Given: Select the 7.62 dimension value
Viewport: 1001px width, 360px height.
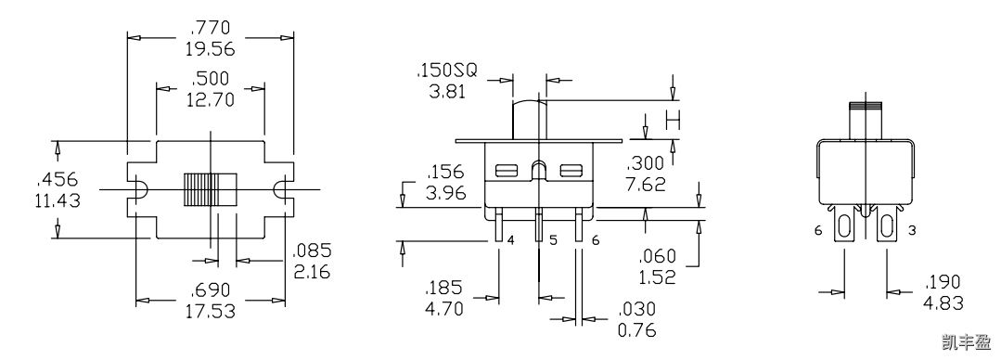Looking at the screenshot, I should pos(648,184).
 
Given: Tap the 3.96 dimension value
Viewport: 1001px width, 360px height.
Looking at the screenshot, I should pos(446,193).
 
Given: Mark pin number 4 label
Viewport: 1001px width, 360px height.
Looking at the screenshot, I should pos(511,240).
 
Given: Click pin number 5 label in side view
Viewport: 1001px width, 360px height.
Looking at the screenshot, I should pos(553,240).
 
